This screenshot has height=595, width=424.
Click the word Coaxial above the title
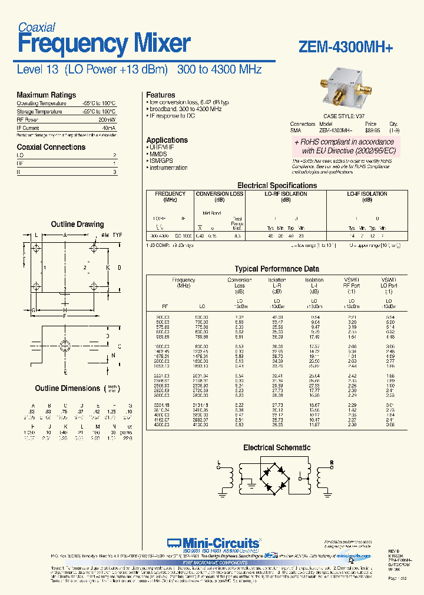(x=36, y=27)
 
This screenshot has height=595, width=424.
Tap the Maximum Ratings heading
(x=46, y=95)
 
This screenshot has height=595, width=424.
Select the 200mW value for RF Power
(x=108, y=119)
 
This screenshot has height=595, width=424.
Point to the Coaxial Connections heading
(x=51, y=147)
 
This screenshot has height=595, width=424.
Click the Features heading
(x=160, y=95)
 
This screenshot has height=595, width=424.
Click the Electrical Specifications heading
(x=277, y=185)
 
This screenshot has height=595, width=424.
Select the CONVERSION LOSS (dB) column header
(x=219, y=196)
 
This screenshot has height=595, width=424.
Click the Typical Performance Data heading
(x=277, y=269)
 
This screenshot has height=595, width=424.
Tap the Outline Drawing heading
(x=77, y=224)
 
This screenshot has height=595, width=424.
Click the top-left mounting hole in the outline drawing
(x=37, y=249)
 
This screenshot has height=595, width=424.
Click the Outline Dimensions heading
(x=67, y=388)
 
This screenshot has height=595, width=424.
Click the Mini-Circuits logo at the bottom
(x=213, y=543)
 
